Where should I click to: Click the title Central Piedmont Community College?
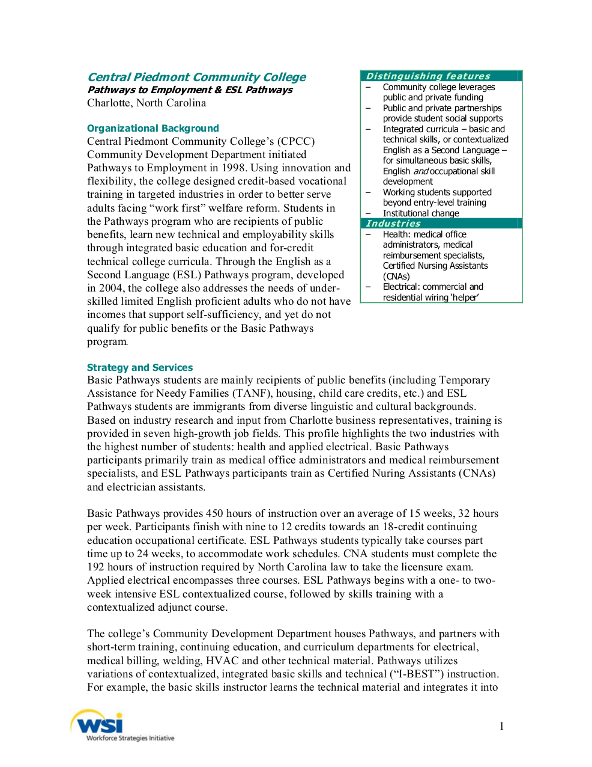pyautogui.click(x=196, y=77)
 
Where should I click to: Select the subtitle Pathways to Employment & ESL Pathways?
pyautogui.click(x=190, y=90)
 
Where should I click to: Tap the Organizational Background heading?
pyautogui.click(x=153, y=128)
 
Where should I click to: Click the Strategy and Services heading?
pyautogui.click(x=140, y=367)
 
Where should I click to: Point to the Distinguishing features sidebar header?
pyautogui.click(x=428, y=76)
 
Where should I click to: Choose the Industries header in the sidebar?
pyautogui.click(x=393, y=223)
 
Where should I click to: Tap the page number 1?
pyautogui.click(x=501, y=726)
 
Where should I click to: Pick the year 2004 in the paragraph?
pyautogui.click(x=111, y=288)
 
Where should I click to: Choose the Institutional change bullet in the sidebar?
pyautogui.click(x=421, y=213)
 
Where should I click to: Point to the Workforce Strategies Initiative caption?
pyautogui.click(x=130, y=738)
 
